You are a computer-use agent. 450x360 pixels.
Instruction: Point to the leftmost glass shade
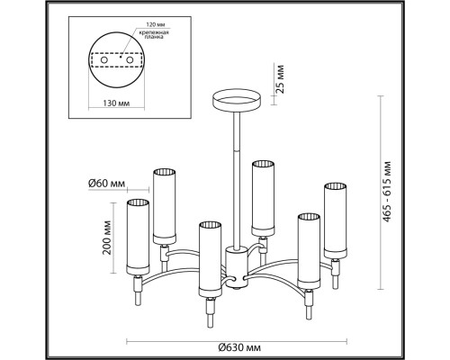tap(137, 238)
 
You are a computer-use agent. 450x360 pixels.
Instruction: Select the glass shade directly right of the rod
tap(263, 197)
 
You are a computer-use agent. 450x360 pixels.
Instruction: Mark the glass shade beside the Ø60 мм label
tap(163, 204)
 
